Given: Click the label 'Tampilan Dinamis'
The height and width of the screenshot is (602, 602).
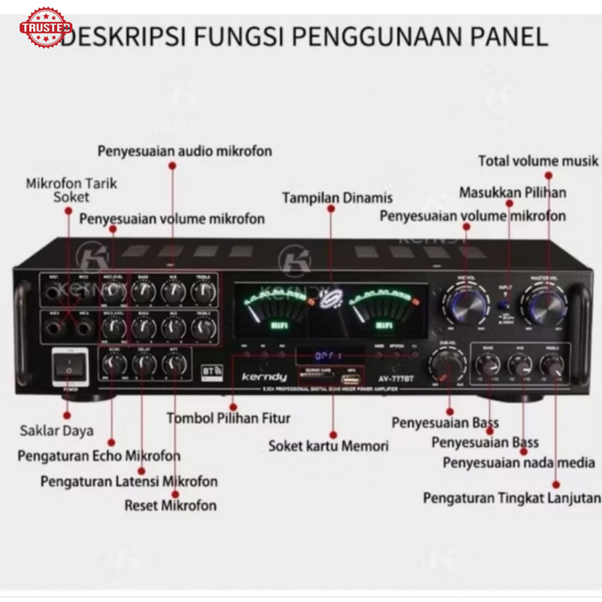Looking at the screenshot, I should (337, 198).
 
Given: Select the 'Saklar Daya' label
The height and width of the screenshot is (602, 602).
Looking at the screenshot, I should (56, 430).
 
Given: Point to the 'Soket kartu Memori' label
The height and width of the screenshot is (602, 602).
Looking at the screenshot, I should (329, 445).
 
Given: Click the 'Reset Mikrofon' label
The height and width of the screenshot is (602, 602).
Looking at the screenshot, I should (170, 505).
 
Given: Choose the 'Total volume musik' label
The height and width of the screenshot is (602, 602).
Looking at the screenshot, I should (539, 160).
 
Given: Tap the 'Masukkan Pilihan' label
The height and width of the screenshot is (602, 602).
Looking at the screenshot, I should (512, 193).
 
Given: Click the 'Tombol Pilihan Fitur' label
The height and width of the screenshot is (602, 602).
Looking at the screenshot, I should (228, 418).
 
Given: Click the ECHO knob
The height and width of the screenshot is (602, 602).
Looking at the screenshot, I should (114, 365).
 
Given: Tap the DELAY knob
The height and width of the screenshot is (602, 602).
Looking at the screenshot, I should (144, 365).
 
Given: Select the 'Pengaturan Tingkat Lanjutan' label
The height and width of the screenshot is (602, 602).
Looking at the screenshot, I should (512, 498).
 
